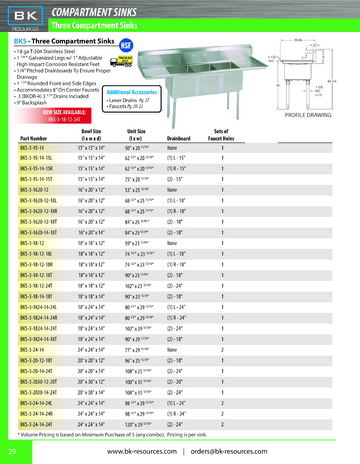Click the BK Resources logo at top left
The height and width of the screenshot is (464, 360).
point(26,14)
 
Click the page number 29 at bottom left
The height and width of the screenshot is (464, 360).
point(11,451)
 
